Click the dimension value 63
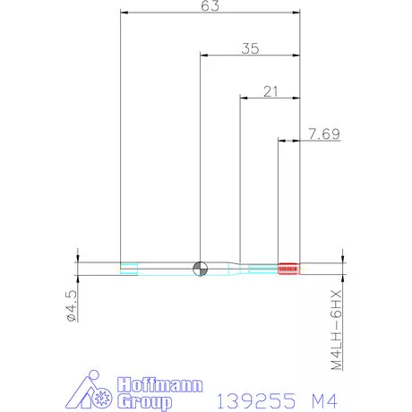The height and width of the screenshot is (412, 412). tap(210, 6)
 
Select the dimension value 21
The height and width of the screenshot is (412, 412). tap(270, 90)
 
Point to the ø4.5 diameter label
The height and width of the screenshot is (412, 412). tap(70, 305)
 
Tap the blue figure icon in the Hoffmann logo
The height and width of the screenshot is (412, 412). tap(89, 390)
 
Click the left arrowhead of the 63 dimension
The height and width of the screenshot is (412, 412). tap(124, 13)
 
